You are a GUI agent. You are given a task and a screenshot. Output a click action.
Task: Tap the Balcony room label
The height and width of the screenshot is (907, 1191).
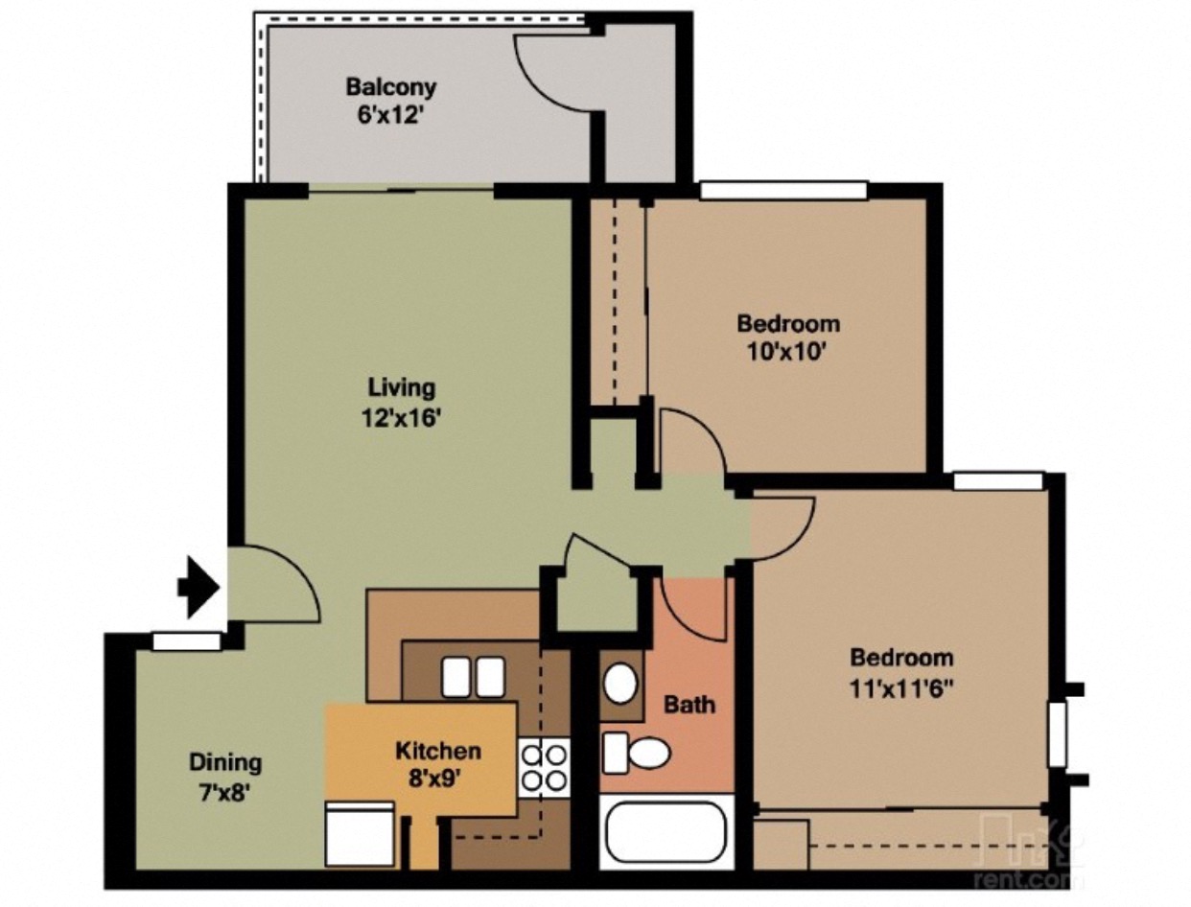390,87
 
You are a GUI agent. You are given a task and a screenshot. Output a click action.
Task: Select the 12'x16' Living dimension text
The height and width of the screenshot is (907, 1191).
403,418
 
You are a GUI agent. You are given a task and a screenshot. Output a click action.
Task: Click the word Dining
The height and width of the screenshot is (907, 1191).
224,763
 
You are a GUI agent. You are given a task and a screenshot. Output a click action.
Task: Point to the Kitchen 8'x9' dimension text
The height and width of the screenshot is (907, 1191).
438,779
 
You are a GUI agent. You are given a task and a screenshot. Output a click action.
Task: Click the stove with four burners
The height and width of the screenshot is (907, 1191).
544,767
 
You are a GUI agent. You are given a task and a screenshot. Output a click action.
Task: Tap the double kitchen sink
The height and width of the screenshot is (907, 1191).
473,677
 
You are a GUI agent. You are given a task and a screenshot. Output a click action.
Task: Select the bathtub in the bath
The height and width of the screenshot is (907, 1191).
666,832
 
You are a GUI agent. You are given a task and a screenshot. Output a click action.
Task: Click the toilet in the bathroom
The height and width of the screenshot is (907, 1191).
637,753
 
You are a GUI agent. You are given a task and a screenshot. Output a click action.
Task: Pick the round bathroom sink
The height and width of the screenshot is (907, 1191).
620,683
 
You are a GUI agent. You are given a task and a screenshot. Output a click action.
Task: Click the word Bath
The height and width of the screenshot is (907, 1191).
689,705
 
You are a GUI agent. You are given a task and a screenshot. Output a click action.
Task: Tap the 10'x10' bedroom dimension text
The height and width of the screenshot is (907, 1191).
787,351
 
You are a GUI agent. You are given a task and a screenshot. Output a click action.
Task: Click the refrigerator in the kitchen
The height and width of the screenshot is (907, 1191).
360,833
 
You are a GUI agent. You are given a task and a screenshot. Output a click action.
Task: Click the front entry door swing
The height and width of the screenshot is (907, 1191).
278,586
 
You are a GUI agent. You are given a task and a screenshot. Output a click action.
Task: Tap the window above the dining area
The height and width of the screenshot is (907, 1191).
187,641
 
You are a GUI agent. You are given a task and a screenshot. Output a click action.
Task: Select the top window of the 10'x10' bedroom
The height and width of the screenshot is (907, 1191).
782,191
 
